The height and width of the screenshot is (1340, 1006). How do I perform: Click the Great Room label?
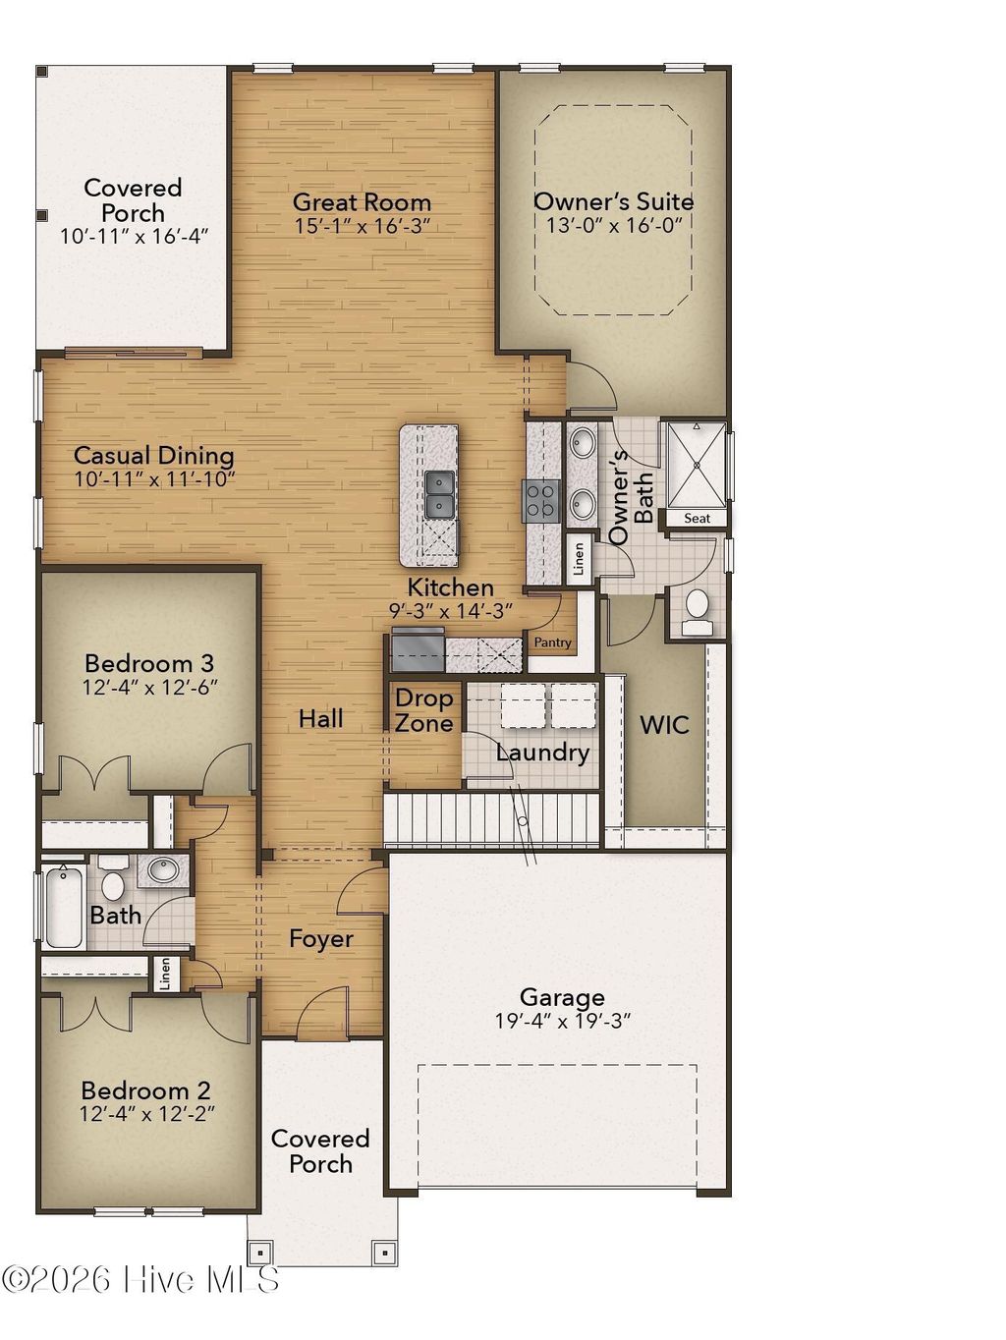point(362,202)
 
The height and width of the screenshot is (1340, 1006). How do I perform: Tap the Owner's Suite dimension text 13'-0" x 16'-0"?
point(613,225)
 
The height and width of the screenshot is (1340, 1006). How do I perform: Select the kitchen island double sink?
point(438,494)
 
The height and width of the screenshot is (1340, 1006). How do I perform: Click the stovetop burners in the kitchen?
point(541,500)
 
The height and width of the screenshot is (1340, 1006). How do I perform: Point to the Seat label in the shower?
point(697,518)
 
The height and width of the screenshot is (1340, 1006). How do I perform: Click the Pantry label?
point(552,642)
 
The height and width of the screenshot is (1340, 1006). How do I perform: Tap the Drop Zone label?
point(423,711)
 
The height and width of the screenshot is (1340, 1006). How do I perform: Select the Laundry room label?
point(542,753)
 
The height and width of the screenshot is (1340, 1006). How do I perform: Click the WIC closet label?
point(664,725)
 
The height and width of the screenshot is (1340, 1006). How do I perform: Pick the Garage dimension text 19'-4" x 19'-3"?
point(562,1022)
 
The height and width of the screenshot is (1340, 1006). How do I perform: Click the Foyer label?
point(321,939)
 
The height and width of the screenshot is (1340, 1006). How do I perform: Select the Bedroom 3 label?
point(149,663)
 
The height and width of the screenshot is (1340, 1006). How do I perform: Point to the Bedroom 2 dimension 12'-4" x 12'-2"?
point(147,1114)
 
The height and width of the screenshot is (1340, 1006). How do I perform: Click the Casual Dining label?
point(154,455)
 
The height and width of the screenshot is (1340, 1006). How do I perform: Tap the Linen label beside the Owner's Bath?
point(580,559)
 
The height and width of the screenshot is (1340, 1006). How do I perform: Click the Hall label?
point(321,719)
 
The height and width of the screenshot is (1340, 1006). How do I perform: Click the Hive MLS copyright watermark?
point(140,1279)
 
